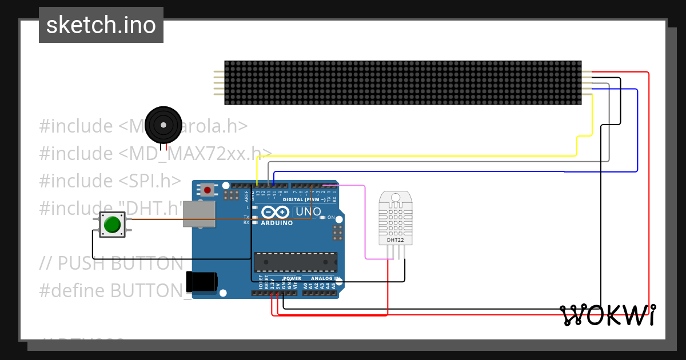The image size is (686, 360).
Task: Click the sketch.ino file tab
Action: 101,25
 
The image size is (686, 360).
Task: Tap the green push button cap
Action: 113,224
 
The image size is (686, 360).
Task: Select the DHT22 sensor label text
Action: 395,240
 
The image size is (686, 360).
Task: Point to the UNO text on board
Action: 308,212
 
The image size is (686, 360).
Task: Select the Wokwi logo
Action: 607,315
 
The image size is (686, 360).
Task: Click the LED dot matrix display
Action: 402,83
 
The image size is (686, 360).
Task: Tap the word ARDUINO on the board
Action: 277,223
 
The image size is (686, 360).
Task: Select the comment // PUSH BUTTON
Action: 111,263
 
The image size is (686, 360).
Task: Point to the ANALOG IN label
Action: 324,278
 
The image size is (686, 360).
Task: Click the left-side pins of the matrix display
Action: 219,83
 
